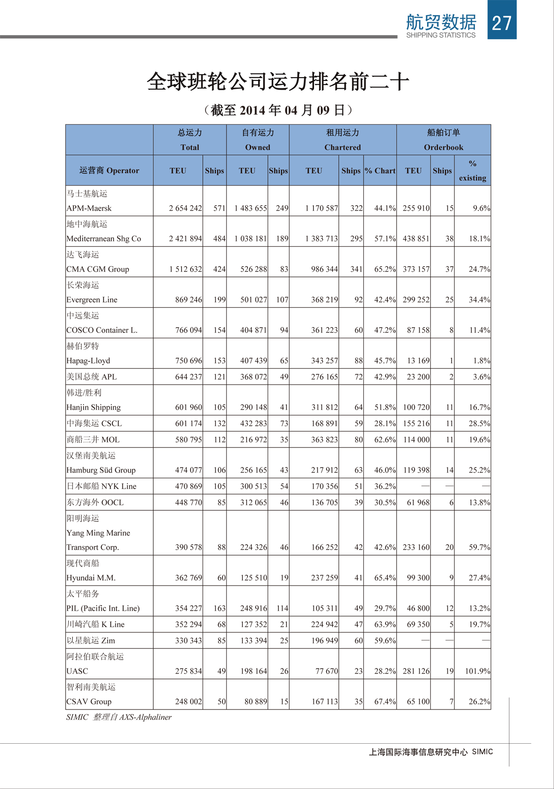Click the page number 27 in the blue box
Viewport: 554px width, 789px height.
click(x=502, y=23)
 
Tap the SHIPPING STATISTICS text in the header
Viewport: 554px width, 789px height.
click(x=440, y=35)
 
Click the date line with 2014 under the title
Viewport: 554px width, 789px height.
click(x=278, y=110)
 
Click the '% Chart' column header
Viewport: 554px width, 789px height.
click(x=380, y=171)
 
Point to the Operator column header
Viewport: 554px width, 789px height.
click(x=109, y=171)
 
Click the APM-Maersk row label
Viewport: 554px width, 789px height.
click(x=89, y=208)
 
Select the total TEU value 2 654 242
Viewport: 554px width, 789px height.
click(x=185, y=208)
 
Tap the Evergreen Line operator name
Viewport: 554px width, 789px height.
click(x=92, y=300)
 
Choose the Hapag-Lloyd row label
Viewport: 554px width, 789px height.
click(x=88, y=361)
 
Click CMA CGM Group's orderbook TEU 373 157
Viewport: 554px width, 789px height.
click(x=416, y=269)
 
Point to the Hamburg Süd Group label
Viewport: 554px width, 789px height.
click(x=101, y=471)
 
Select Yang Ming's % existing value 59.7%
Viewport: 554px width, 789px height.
click(x=479, y=547)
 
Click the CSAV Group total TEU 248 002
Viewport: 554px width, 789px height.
click(x=188, y=702)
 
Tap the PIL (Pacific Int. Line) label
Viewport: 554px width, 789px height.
click(x=103, y=609)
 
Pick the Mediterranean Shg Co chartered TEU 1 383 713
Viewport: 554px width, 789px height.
click(x=321, y=239)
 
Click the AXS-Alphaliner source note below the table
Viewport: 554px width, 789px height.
click(x=119, y=717)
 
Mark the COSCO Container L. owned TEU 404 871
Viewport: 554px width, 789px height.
click(x=253, y=330)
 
